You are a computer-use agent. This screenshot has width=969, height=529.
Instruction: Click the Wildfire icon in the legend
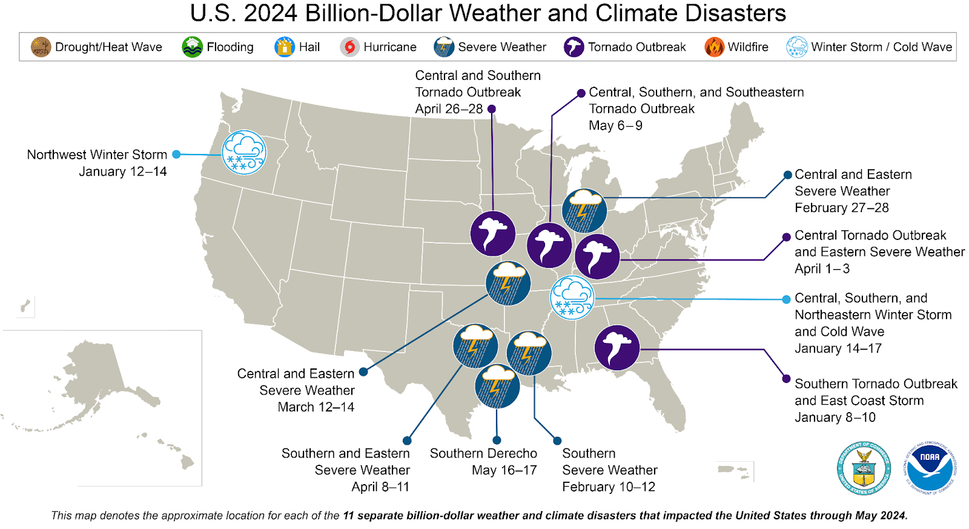tap(714, 47)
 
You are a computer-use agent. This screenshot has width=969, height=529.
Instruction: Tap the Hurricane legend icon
tap(349, 47)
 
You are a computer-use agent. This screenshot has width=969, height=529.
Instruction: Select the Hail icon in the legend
tap(284, 47)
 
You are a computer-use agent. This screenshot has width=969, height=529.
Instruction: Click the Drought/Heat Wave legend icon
tap(41, 47)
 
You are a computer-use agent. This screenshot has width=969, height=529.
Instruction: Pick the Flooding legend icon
tap(192, 47)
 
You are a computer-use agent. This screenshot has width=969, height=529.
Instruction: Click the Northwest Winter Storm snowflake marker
tap(243, 153)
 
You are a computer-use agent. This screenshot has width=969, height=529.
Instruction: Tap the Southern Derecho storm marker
tap(497, 386)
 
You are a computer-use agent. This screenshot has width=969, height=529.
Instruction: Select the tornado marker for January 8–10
tap(617, 348)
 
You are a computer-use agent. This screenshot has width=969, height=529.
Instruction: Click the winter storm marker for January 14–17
tap(572, 298)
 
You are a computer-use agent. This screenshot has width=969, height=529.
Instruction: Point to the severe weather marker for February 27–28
tap(584, 211)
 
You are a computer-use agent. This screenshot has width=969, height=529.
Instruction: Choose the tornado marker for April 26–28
tap(492, 233)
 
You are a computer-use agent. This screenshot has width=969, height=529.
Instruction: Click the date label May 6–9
tap(615, 125)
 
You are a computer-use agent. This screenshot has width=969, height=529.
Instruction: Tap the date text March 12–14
tap(316, 407)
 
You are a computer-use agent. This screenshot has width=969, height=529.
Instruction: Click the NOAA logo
tap(930, 467)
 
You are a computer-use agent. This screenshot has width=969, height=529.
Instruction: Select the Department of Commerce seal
tap(864, 467)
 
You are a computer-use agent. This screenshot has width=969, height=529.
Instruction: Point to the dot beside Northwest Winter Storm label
tap(176, 155)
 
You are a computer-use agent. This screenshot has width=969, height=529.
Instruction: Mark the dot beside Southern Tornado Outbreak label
tap(786, 379)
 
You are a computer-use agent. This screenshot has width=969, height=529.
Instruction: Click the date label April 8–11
tap(380, 487)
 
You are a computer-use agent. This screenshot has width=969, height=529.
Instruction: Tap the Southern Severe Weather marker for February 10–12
tap(529, 353)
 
